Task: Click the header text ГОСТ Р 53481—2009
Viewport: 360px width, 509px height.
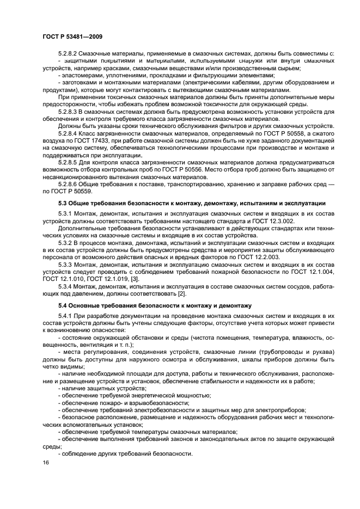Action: (x=72, y=36)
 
